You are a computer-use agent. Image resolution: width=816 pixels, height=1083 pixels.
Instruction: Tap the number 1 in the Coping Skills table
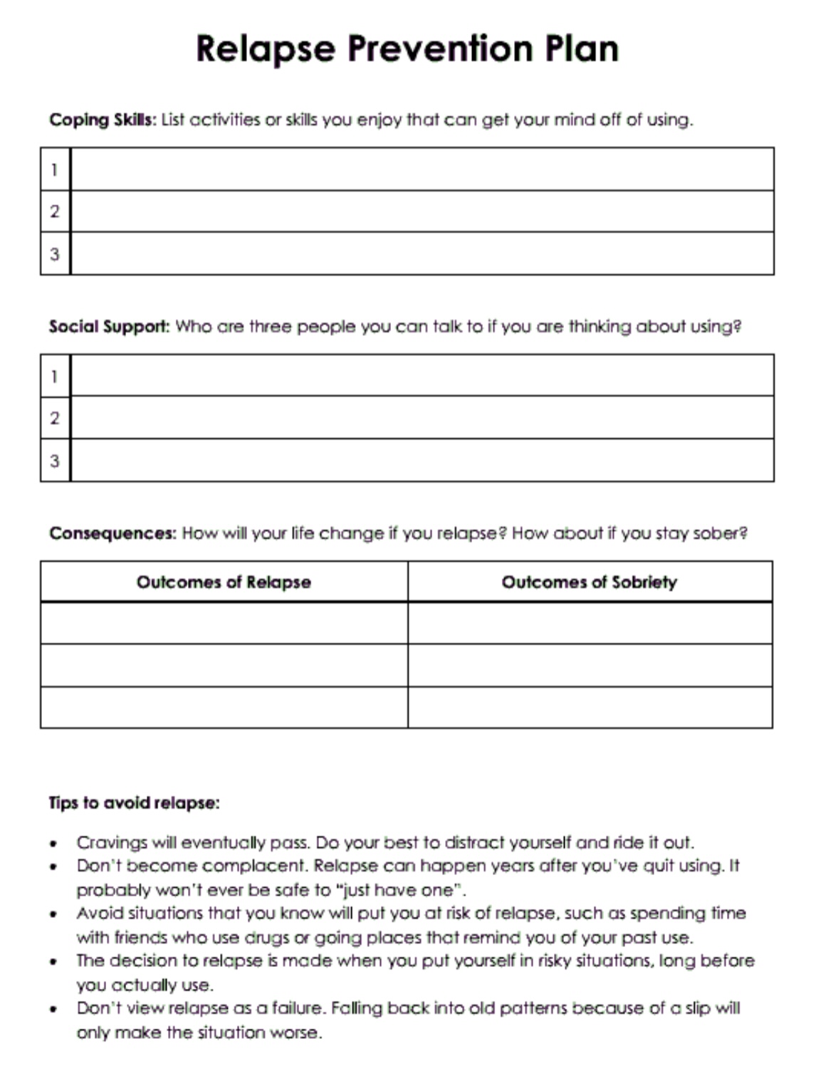click(x=55, y=169)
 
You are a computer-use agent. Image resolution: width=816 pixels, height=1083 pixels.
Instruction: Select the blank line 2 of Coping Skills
click(x=422, y=211)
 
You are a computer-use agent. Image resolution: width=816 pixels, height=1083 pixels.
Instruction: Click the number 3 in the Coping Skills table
click(x=55, y=254)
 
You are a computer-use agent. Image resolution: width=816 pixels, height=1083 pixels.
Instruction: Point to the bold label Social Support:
click(x=109, y=327)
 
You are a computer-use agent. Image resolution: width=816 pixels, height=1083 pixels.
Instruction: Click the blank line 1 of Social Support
click(x=422, y=375)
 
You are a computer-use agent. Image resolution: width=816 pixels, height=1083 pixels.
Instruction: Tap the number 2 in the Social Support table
click(x=55, y=418)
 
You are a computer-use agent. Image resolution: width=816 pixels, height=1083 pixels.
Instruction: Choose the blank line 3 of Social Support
click(x=422, y=461)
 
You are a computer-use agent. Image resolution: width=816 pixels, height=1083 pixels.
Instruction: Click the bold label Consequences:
click(x=113, y=533)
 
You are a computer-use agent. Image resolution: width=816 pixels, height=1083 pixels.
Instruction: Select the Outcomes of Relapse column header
click(x=224, y=582)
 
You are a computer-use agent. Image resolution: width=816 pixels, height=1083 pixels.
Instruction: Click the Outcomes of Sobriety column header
click(x=590, y=582)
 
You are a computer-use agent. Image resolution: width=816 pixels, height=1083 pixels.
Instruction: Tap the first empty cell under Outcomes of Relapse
click(x=224, y=623)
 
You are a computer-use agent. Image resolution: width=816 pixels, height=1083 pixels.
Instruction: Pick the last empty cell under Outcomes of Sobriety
click(x=590, y=708)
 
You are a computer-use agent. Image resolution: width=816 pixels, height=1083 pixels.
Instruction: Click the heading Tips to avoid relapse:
click(x=134, y=803)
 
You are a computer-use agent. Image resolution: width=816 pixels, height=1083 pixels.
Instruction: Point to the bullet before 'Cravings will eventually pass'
click(x=53, y=844)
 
